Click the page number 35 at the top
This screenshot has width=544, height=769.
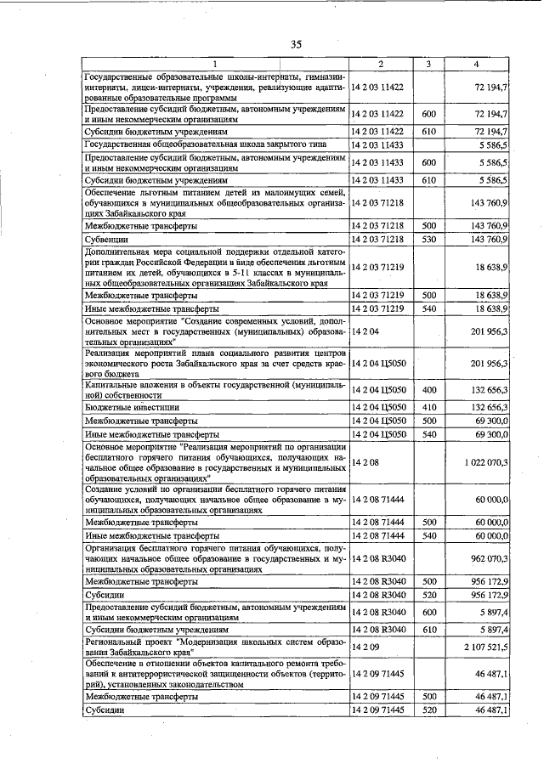296,45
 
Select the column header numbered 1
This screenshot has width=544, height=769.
215,65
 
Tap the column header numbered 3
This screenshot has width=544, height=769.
428,65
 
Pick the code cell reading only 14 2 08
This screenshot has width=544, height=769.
364,462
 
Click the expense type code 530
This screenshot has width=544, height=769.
428,240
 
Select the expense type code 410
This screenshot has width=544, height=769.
428,408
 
